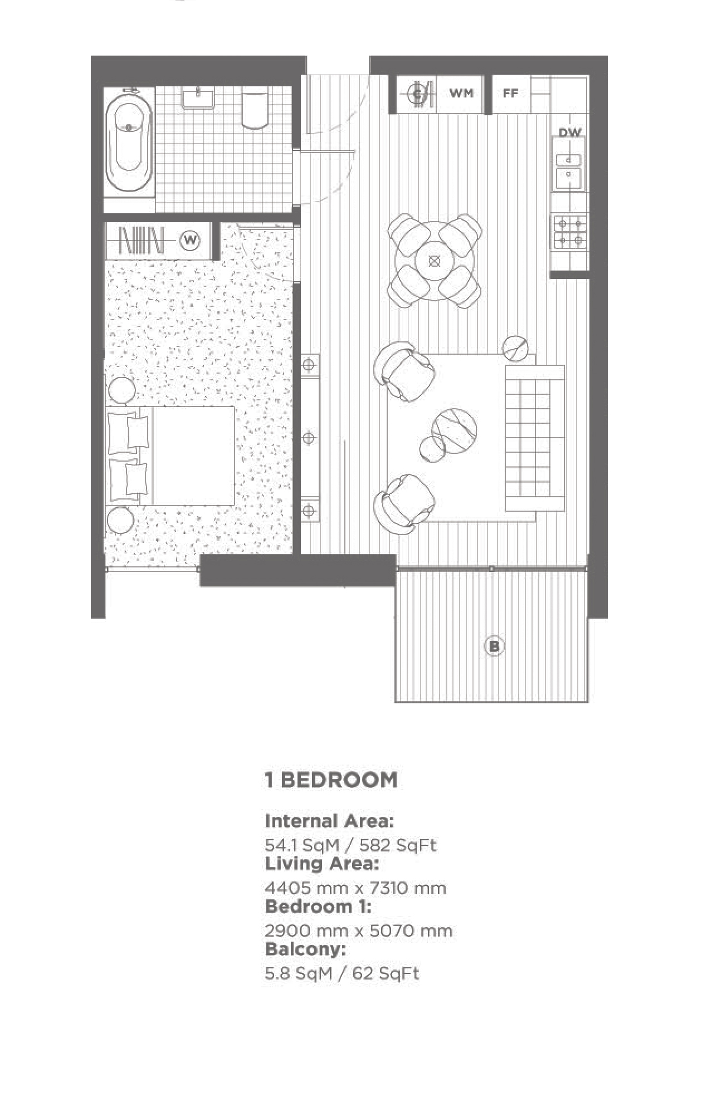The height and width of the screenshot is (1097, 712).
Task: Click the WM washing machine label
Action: point(461,93)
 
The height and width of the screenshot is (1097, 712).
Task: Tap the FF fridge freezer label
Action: point(510,93)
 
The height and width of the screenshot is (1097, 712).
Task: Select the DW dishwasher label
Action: point(570,133)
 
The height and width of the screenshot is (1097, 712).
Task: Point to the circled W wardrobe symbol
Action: point(191,241)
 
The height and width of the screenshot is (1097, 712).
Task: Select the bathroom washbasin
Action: point(198,99)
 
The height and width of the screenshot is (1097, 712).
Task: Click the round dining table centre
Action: point(435,261)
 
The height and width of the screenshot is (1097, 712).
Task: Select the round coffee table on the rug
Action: point(454,431)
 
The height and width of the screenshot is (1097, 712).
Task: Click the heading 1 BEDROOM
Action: point(331,780)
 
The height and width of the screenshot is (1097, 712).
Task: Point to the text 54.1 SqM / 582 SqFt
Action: point(350,845)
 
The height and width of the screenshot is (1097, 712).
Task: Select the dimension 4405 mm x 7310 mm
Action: point(355,888)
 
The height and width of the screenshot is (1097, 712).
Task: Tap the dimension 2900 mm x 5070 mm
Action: point(359,931)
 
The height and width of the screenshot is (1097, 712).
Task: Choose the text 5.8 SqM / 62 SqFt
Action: point(342,973)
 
